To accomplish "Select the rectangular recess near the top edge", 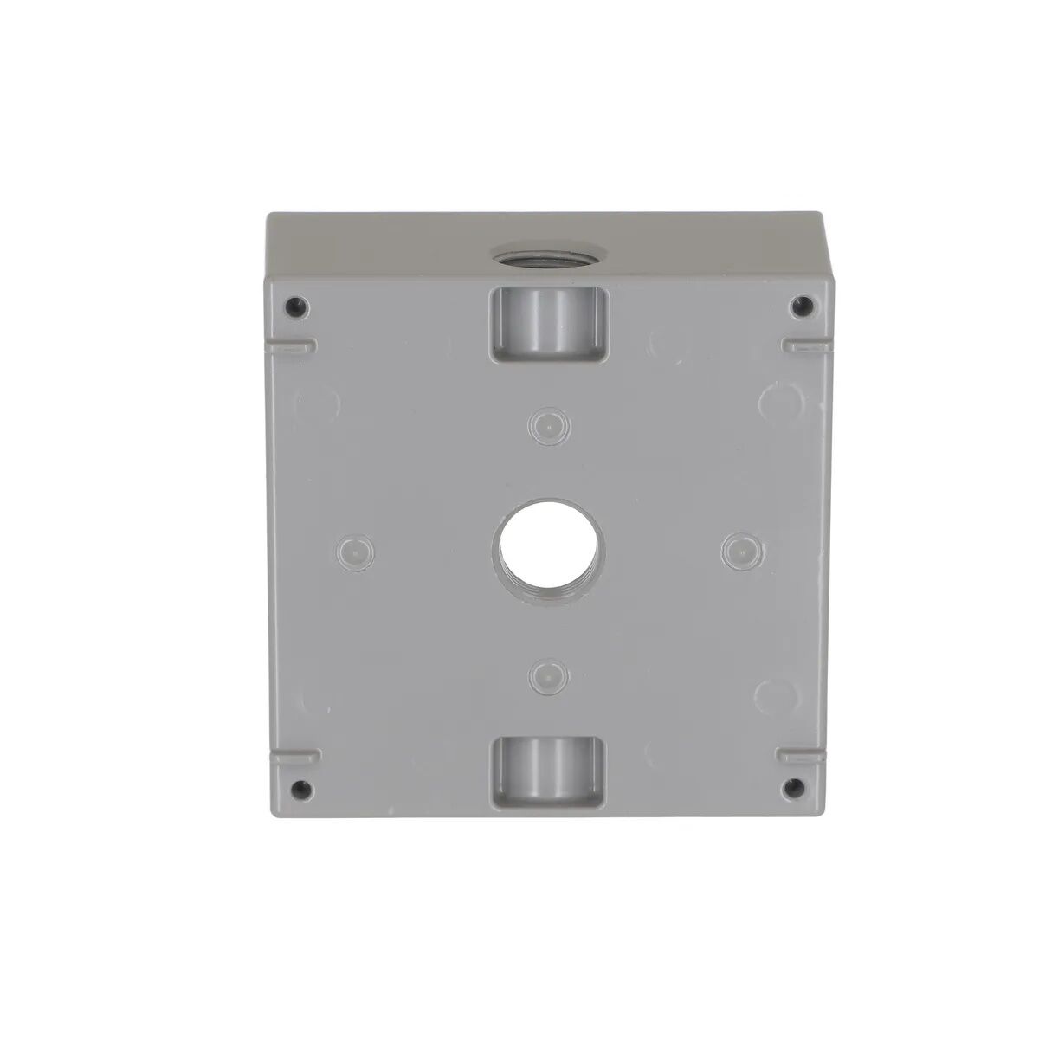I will [x=549, y=324].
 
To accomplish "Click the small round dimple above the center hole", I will [x=545, y=424].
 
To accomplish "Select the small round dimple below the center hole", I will [x=545, y=672].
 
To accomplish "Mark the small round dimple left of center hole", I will [x=352, y=549].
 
